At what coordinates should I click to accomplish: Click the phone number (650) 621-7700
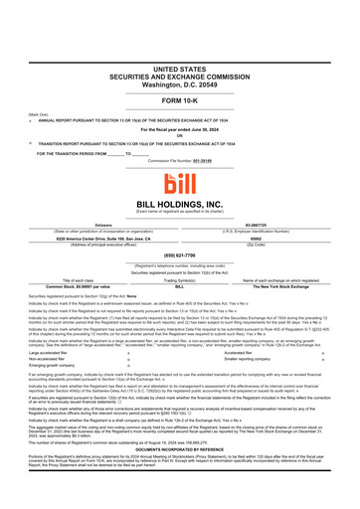coord(180,257)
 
